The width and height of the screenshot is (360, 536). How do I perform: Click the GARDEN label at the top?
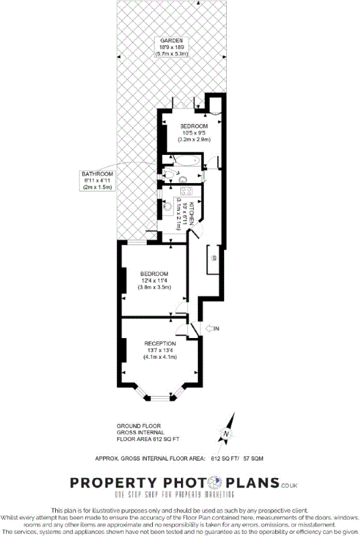172,40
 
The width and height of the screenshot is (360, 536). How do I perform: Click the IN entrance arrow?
211,328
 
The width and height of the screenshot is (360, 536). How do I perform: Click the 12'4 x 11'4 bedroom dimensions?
155,280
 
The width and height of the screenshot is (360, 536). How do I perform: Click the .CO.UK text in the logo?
289,485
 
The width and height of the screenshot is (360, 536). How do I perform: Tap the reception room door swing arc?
182,327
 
